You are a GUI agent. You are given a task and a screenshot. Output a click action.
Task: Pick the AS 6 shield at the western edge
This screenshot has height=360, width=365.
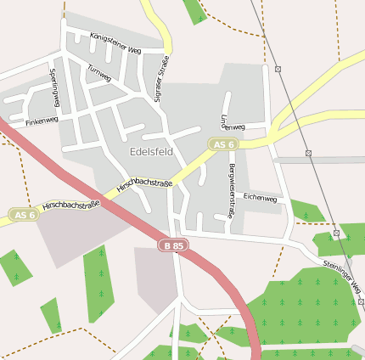tap(25, 216)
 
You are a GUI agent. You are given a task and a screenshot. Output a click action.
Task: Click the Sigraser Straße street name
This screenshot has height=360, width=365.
tap(158, 78)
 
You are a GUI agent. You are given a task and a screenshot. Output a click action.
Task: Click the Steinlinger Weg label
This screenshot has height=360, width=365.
tap(341, 277)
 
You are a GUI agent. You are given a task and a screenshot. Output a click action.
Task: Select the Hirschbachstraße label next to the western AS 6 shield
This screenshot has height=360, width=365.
tap(70, 205)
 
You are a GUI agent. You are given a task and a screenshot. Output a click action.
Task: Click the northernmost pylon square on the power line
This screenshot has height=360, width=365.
tap(278, 68)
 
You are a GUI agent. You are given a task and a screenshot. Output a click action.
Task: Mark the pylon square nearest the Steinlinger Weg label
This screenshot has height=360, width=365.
tap(337, 233)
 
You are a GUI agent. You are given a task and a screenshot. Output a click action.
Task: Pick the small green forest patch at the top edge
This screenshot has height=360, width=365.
tap(195, 10)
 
